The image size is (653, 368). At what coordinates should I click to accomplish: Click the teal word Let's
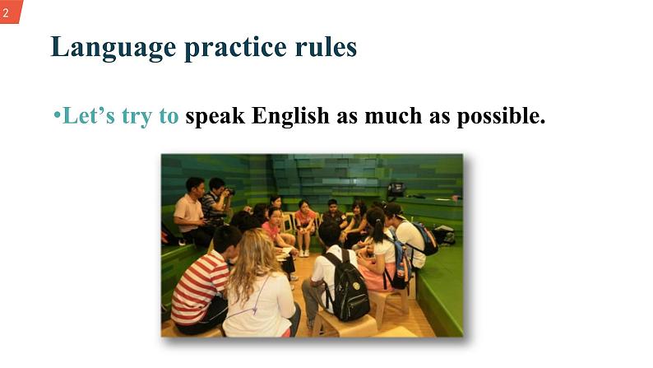pos(89,117)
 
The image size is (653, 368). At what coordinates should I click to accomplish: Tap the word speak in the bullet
pos(215,118)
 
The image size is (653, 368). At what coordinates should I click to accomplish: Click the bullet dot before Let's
pos(58,116)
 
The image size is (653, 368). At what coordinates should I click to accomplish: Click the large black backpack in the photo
pos(346,286)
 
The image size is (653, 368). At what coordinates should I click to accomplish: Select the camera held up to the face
pos(228,191)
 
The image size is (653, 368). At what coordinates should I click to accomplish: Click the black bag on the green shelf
pos(396,189)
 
